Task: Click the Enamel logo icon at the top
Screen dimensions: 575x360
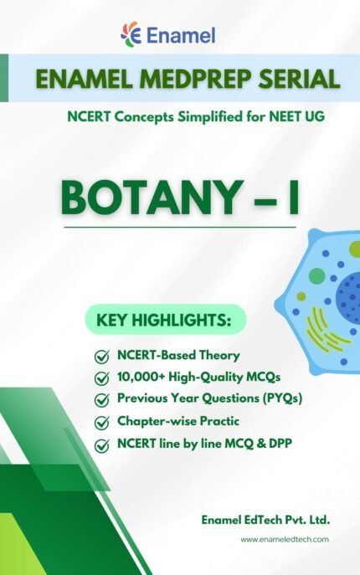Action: click(131, 35)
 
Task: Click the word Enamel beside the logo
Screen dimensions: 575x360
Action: click(180, 35)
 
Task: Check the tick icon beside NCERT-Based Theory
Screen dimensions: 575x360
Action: click(102, 357)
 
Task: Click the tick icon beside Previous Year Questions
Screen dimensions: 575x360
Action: click(102, 400)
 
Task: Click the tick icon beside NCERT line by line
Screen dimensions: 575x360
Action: click(102, 444)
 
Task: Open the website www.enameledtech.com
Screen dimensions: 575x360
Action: click(285, 541)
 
